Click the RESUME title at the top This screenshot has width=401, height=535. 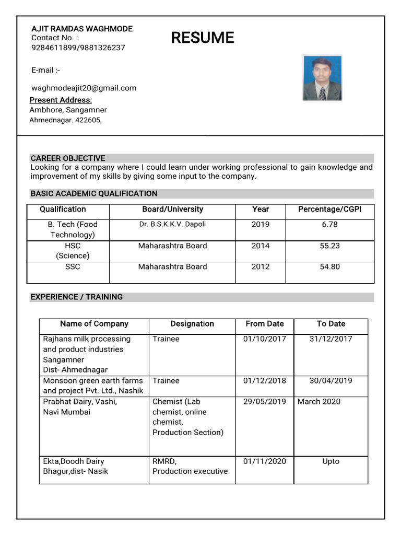point(203,38)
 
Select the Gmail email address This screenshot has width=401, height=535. point(84,88)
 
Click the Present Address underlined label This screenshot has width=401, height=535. point(61,100)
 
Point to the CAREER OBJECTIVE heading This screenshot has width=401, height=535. point(68,158)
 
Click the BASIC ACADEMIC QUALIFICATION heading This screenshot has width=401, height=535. point(94,194)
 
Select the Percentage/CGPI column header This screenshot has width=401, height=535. point(329,209)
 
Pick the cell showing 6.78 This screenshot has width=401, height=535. point(329,224)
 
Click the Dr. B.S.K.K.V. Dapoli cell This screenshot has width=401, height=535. point(172,224)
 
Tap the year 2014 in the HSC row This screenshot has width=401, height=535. point(261,246)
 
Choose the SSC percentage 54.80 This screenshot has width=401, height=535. point(329,266)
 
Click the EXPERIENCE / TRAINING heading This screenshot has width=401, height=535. point(77,297)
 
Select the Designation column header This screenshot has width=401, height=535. point(192,324)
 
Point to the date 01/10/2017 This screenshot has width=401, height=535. point(265,339)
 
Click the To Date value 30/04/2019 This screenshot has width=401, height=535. point(331,380)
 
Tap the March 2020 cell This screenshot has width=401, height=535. point(319,401)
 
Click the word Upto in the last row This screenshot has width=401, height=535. point(331,461)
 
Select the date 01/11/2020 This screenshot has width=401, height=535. point(265,461)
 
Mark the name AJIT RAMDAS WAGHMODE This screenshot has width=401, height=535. point(82,29)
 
